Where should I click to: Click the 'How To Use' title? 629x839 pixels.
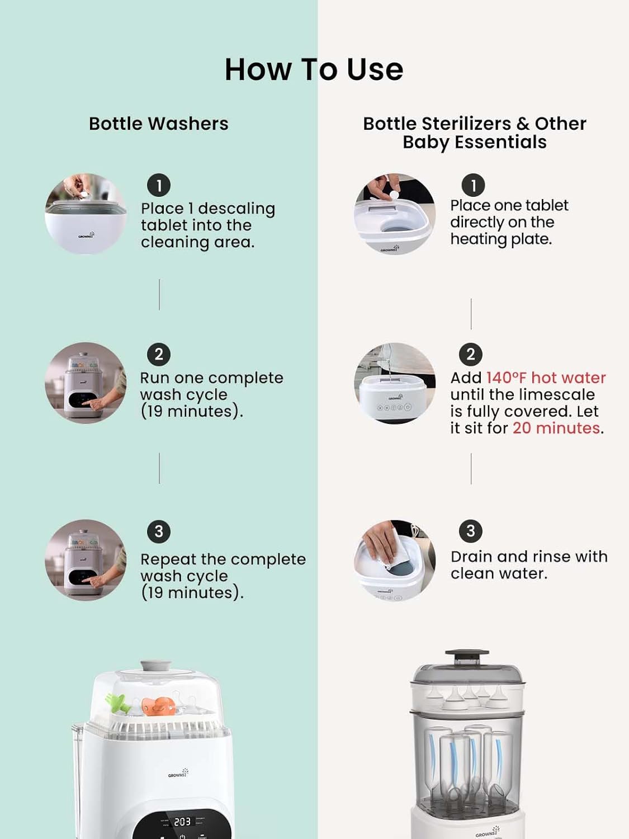tap(314, 69)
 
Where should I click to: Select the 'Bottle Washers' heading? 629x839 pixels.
tap(158, 124)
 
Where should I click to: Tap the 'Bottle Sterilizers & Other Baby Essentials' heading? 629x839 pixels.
tap(474, 133)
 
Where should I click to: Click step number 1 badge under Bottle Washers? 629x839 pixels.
tap(159, 185)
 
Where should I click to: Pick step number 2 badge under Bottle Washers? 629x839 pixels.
tap(159, 354)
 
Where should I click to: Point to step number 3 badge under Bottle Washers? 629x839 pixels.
tap(159, 531)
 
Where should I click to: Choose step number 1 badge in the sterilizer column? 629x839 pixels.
tap(473, 185)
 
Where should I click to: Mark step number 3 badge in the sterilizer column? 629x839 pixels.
tap(471, 531)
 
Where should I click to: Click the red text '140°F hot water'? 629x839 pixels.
tap(546, 378)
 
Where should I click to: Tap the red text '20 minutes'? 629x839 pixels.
tap(556, 428)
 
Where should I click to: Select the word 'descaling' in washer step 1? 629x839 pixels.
tap(237, 209)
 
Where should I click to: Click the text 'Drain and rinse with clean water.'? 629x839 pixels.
tap(529, 565)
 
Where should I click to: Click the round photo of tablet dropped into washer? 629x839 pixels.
tap(86, 214)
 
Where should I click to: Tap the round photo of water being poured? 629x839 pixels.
tap(395, 383)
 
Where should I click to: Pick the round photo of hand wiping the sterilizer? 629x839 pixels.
tap(395, 560)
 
